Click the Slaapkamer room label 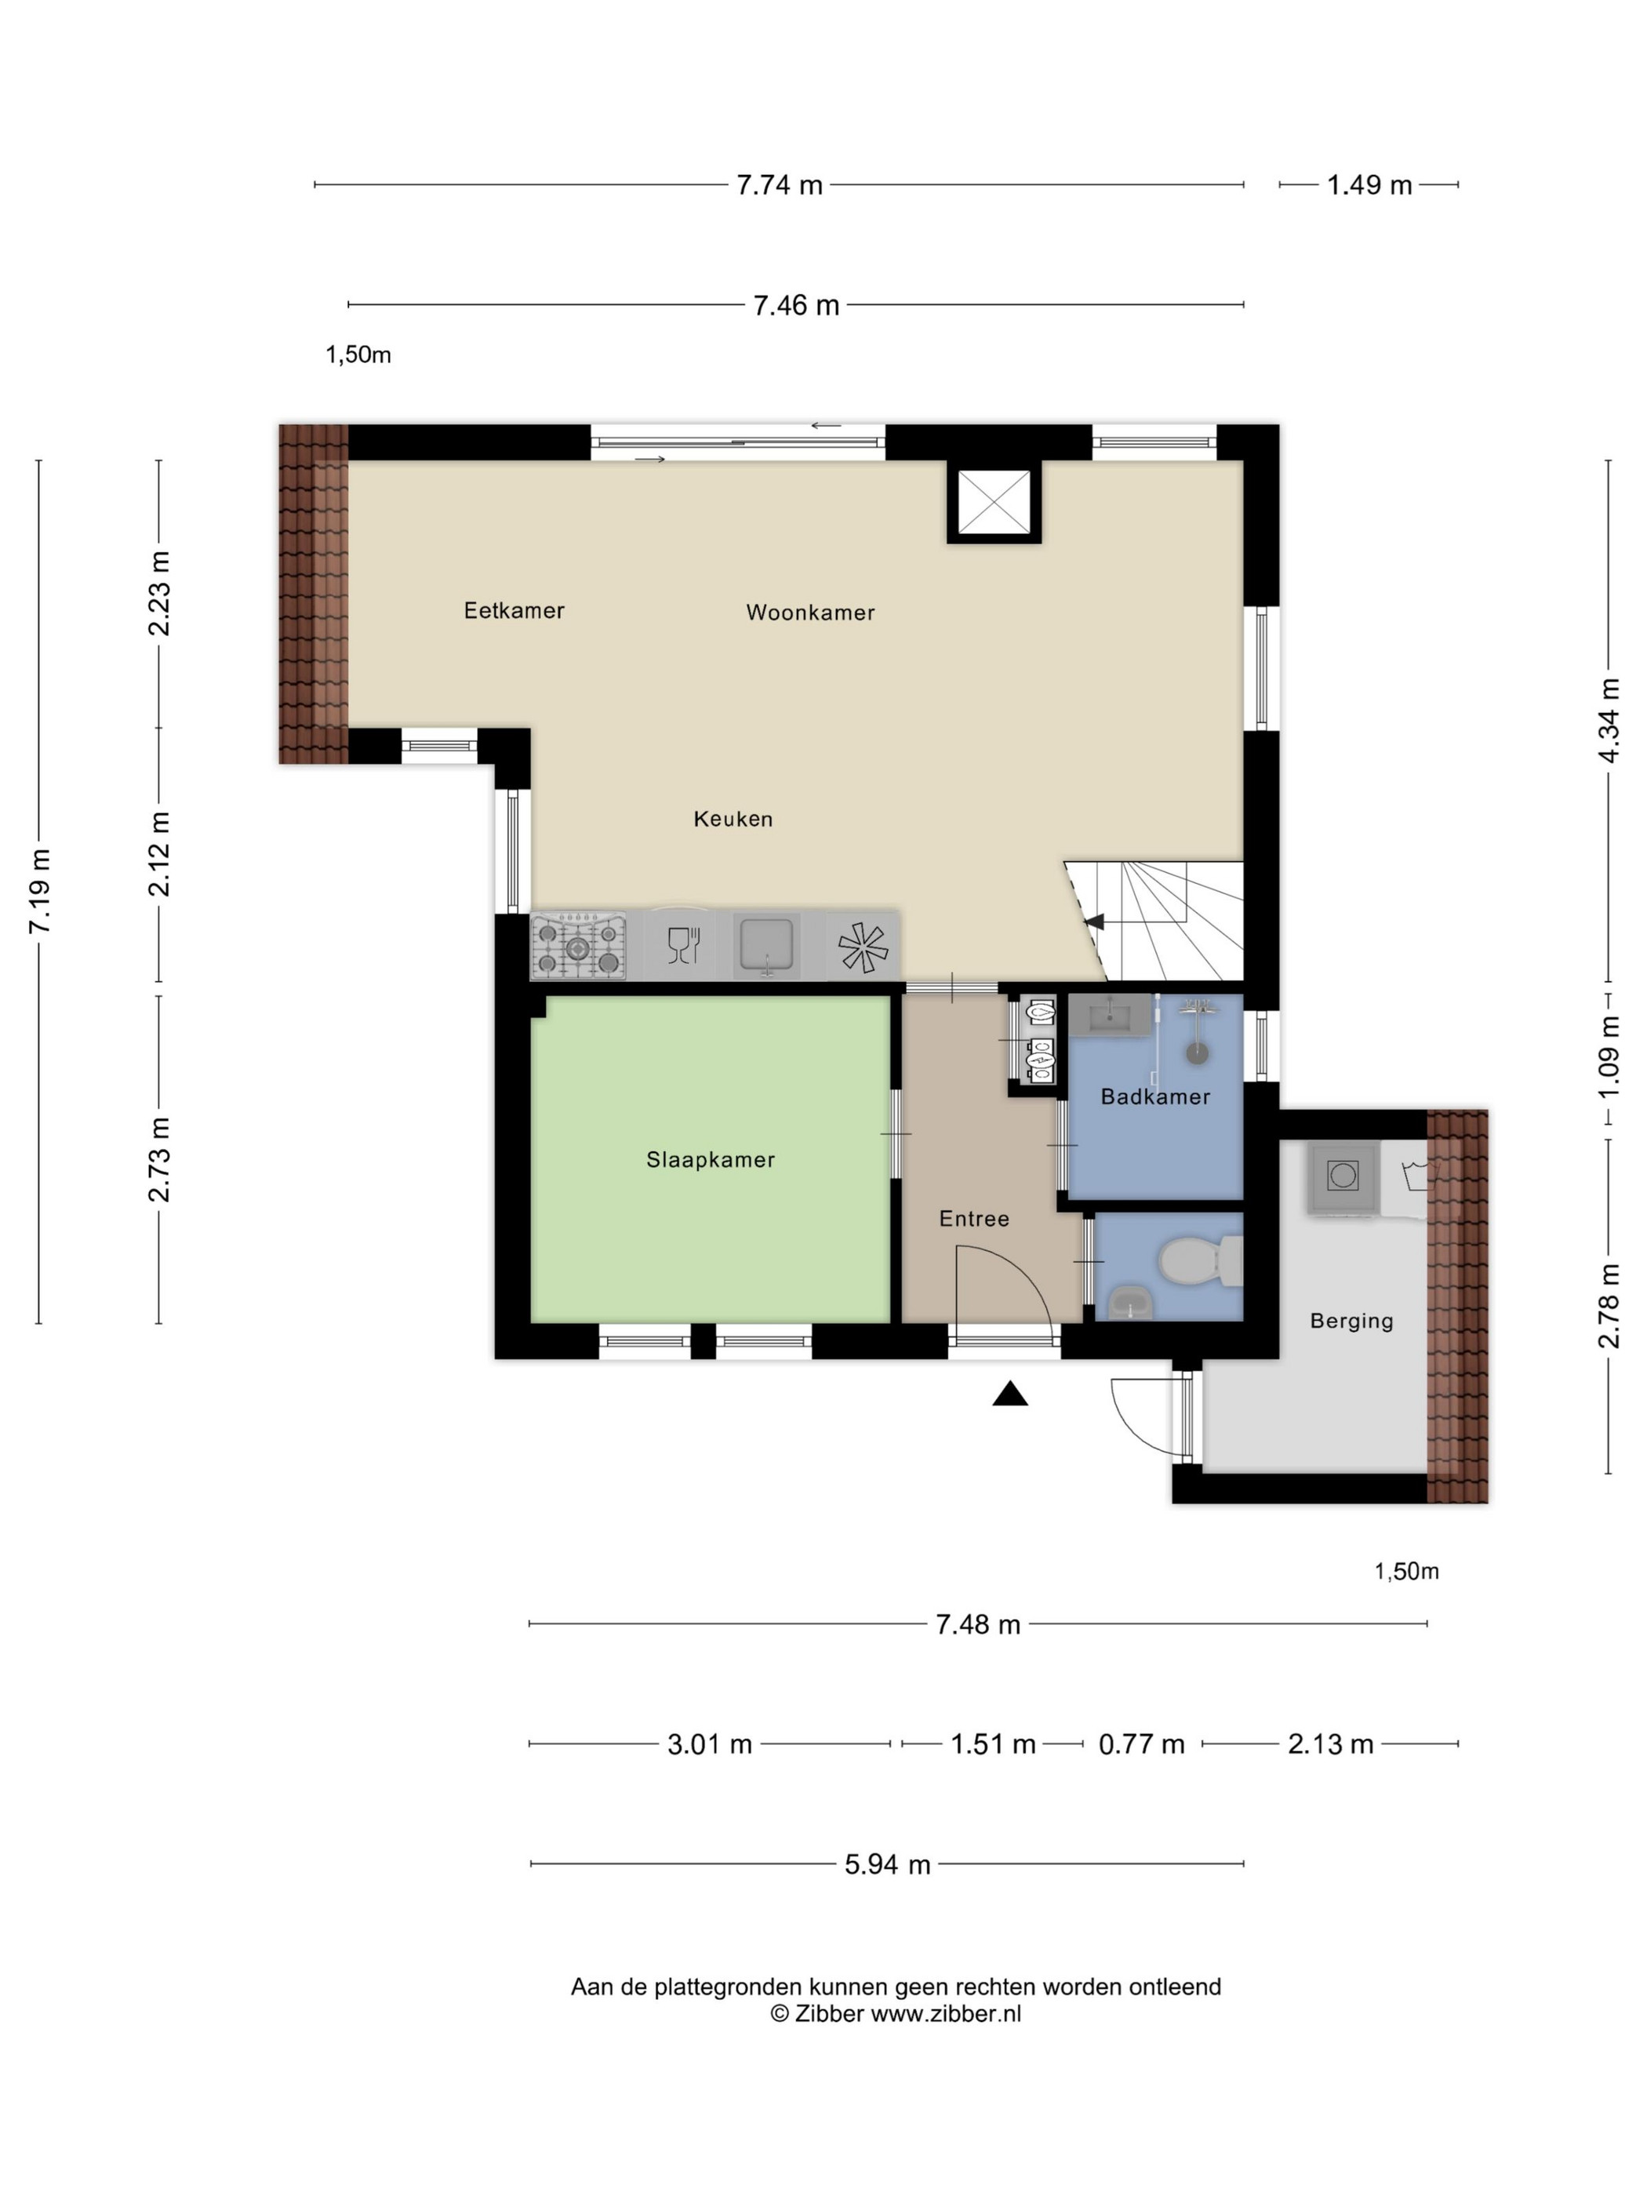point(710,1158)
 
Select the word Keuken point(733,818)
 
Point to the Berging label point(1351,1321)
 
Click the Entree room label point(974,1218)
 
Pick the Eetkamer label point(514,609)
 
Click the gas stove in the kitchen point(579,946)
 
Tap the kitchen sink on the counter point(765,946)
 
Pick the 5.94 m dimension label point(888,1863)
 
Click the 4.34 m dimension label point(1609,721)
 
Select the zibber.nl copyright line point(896,2012)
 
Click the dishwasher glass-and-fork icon point(683,945)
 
